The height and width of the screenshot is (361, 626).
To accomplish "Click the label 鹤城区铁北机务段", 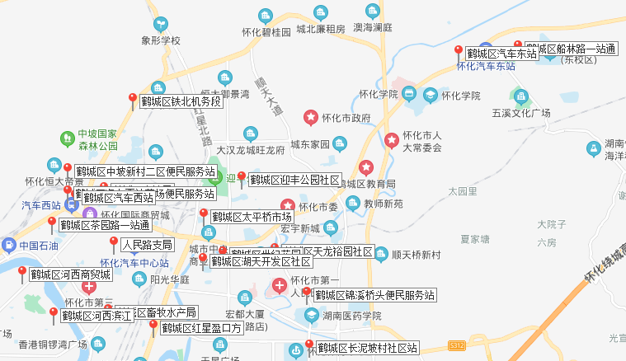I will coord(181,102).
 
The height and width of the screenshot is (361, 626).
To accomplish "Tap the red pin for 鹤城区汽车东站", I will coord(459,51).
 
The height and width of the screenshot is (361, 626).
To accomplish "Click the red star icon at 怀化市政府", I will coord(311,118).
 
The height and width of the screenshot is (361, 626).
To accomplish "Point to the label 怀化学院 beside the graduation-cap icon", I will coord(460,96).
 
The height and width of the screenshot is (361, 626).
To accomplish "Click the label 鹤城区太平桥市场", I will coord(251,217).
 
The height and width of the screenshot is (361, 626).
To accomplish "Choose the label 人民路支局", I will coord(147,245).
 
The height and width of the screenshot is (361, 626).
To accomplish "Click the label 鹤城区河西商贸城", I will coord(70,274).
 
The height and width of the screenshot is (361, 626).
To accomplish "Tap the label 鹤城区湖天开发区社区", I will coord(261,261).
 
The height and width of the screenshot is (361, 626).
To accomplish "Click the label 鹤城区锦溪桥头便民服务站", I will coord(374,295).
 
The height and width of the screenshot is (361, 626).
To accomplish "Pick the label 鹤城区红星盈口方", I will coord(202,328).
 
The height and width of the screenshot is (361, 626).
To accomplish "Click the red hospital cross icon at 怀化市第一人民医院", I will coord(280,286).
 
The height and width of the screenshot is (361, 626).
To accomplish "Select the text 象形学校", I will coord(160,40).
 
